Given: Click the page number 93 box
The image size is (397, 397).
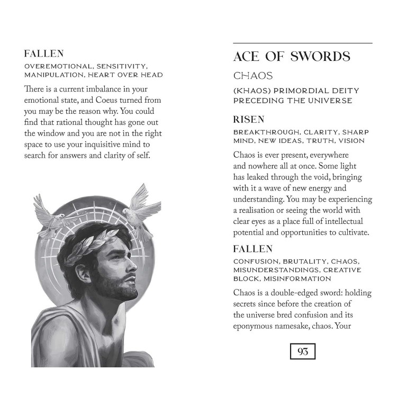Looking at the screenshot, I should pyautogui.click(x=302, y=351).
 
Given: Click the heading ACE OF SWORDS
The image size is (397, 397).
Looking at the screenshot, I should pyautogui.click(x=292, y=57).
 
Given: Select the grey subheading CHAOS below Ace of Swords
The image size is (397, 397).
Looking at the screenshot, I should pyautogui.click(x=253, y=76).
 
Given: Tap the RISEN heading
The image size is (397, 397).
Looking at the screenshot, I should pyautogui.click(x=249, y=120).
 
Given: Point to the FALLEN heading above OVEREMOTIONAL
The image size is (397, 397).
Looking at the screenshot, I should pyautogui.click(x=44, y=53).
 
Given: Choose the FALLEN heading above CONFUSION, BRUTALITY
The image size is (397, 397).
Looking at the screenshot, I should pyautogui.click(x=252, y=249).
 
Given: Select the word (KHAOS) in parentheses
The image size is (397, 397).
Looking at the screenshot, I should pyautogui.click(x=250, y=91).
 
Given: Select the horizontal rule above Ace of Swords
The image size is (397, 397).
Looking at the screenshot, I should pyautogui.click(x=302, y=43).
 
